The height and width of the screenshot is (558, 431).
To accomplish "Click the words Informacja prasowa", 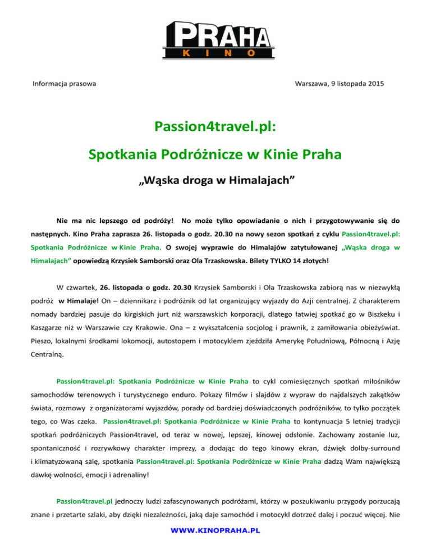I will coord(63,84).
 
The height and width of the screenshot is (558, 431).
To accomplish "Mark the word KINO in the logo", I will coord(215,53).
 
